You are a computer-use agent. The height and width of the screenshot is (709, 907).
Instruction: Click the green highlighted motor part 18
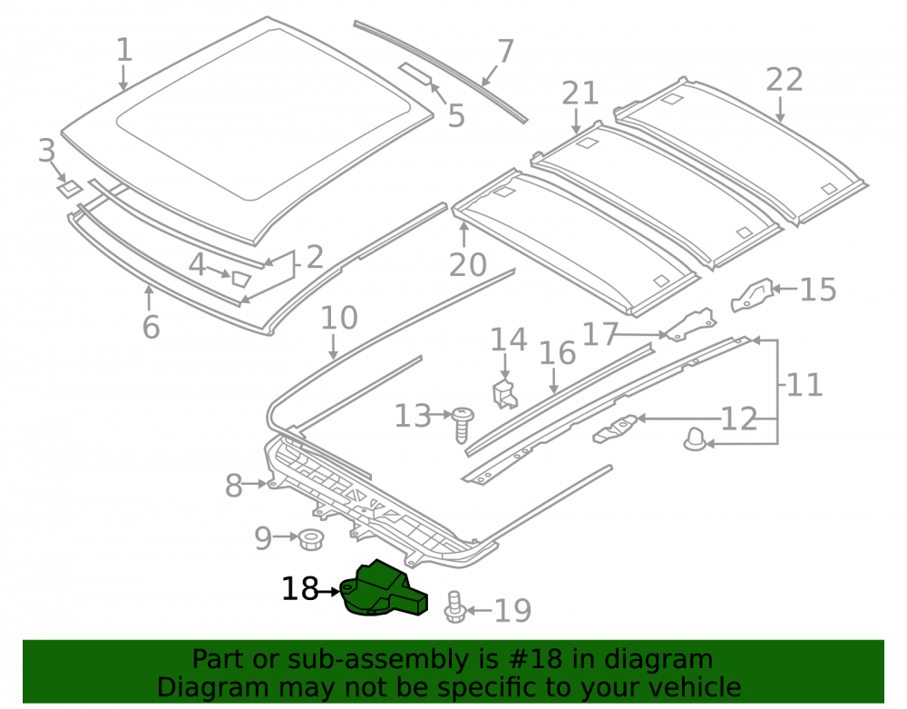click(x=383, y=589)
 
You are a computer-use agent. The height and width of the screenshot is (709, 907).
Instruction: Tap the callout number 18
click(x=299, y=590)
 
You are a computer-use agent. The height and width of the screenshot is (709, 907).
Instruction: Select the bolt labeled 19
click(x=454, y=607)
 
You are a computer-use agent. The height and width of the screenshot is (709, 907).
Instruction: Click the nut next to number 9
click(x=310, y=539)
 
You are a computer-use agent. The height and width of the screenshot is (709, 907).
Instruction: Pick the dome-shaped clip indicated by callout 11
click(x=695, y=439)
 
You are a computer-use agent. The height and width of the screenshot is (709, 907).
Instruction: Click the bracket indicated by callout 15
click(x=751, y=294)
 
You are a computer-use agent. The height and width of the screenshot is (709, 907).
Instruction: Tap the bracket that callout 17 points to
click(x=690, y=325)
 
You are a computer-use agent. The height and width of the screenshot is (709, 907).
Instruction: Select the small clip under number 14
click(x=504, y=394)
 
